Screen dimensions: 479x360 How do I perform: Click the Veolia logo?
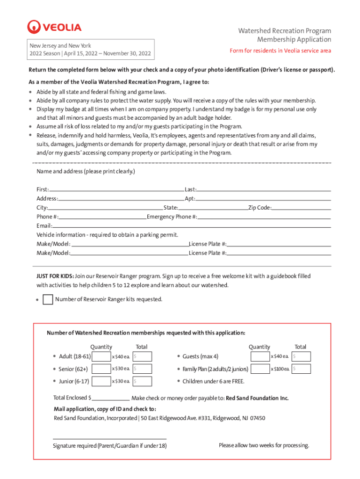(54, 27)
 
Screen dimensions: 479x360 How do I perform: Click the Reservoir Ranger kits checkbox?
(48, 299)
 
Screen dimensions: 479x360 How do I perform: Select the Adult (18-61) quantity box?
(101, 357)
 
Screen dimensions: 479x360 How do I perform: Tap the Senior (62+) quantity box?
(101, 369)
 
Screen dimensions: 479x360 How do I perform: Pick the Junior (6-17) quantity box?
(101, 381)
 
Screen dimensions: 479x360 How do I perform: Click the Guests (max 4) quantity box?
(260, 357)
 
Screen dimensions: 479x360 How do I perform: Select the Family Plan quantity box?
(260, 369)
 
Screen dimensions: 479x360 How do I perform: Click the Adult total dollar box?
(142, 357)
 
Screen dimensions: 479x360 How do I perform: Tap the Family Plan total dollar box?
(301, 369)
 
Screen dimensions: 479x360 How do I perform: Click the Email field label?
(44, 225)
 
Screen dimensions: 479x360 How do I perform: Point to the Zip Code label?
(260, 208)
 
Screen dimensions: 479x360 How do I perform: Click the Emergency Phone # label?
(172, 217)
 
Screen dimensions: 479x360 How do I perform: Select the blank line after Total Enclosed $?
(111, 398)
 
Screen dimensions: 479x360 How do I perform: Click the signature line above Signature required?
(110, 438)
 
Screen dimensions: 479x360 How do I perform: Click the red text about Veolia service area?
(280, 51)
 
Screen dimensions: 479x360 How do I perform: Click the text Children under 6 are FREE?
(213, 381)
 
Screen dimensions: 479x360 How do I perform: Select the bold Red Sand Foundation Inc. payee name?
(257, 398)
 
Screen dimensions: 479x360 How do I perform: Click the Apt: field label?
(190, 199)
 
